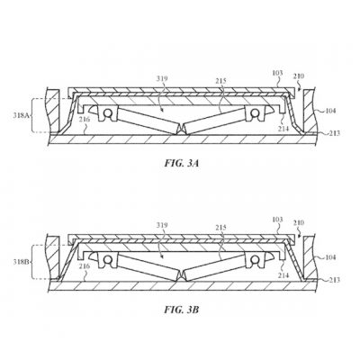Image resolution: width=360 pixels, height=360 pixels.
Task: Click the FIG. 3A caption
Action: click(182, 164)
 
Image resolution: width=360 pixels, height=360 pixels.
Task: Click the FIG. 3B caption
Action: click(182, 310)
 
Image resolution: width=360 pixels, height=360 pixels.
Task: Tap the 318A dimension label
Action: click(21, 115)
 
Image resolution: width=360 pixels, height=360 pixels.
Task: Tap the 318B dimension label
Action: click(21, 262)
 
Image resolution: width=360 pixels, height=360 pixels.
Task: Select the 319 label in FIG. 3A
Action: click(162, 78)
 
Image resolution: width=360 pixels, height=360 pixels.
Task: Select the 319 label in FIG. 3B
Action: click(162, 225)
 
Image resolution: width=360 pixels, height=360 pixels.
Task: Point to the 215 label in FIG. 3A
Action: click(220, 81)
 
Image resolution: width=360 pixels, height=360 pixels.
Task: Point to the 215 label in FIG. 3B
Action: click(220, 228)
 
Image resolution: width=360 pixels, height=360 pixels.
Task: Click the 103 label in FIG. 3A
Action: click(277, 73)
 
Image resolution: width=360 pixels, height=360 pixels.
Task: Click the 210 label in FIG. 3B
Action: click(299, 223)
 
